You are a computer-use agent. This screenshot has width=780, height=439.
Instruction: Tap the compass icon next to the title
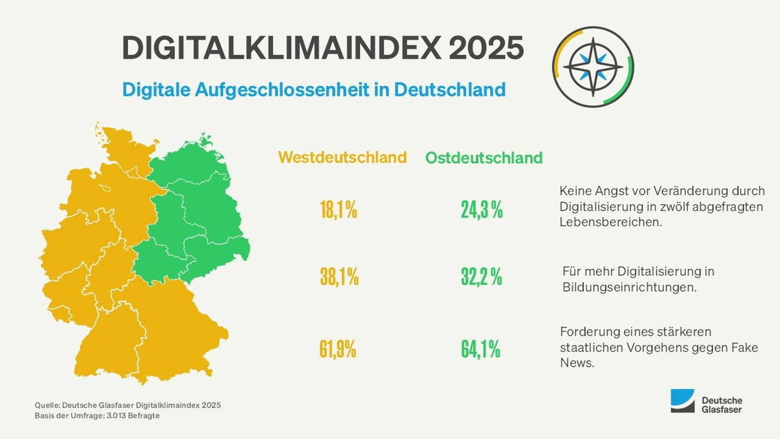click(x=592, y=67)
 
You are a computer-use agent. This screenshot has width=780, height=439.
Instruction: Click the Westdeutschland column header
click(x=343, y=157)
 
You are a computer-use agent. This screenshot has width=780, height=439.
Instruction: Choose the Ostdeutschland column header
click(x=484, y=158)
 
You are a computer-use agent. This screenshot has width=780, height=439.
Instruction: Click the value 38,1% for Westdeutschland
click(x=339, y=278)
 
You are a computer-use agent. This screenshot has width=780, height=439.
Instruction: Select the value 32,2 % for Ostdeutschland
click(x=482, y=278)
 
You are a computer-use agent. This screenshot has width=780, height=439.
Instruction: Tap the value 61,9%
click(x=338, y=349)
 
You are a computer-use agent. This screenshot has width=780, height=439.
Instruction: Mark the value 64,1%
click(x=481, y=349)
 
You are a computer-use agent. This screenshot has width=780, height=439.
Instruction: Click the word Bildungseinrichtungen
click(x=628, y=287)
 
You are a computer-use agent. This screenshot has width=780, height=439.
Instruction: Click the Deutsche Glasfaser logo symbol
click(x=682, y=401)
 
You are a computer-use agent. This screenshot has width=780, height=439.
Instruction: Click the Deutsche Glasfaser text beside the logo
click(x=722, y=405)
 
